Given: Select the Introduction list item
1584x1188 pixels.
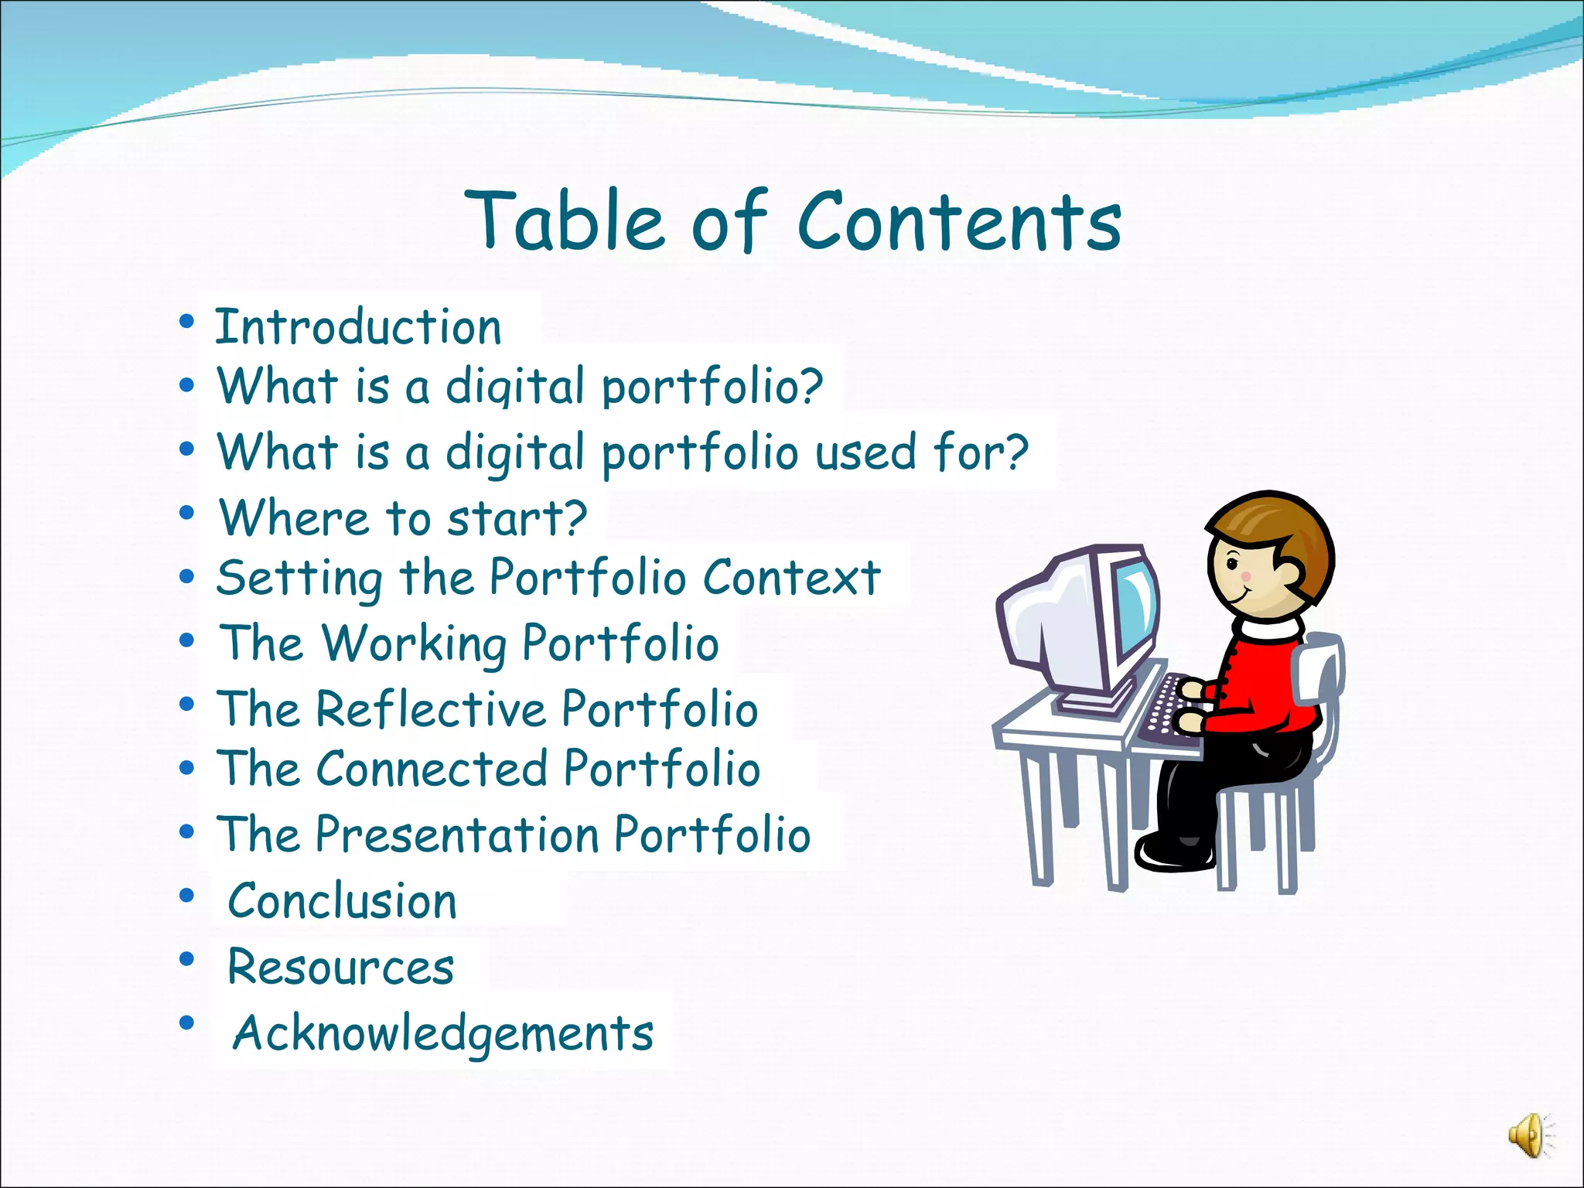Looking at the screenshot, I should click(358, 327).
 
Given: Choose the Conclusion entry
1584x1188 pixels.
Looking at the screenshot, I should click(343, 901).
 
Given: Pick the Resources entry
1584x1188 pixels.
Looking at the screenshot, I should click(341, 967).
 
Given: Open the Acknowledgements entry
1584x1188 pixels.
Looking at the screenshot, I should click(443, 1033).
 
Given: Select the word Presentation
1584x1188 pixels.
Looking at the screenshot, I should click(458, 835).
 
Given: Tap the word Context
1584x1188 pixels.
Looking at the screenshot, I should click(792, 578).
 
